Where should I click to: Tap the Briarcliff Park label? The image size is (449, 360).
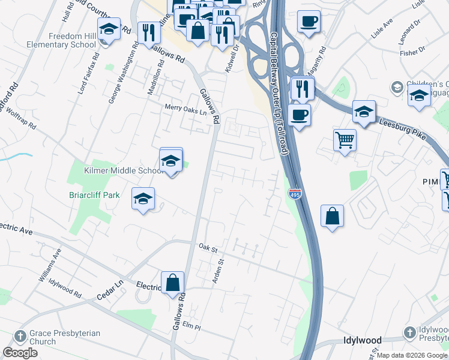click(94, 195)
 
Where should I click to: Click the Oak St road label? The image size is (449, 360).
click(207, 247)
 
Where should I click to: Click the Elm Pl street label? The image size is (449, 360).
click(191, 326)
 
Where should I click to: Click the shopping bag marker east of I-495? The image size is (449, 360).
click(333, 216)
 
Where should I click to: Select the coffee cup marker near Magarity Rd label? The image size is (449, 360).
click(309, 21)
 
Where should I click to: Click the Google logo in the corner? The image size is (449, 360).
click(20, 352)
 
